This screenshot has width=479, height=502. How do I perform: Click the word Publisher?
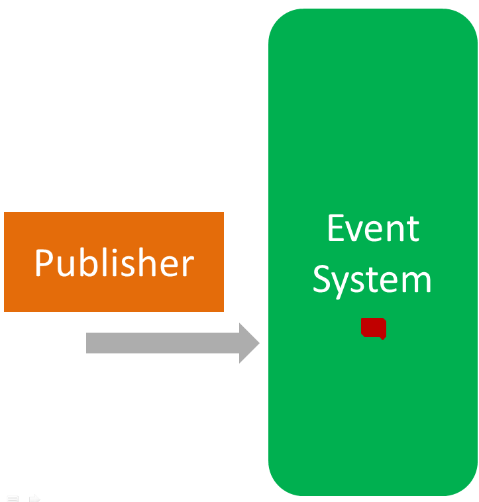point(114,263)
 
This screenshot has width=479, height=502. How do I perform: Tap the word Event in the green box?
point(373,228)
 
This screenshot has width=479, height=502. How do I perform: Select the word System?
point(372,279)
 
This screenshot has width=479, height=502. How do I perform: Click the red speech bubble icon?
point(374,328)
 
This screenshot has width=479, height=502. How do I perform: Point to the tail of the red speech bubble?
point(382,338)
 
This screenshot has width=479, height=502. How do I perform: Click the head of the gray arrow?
point(249,343)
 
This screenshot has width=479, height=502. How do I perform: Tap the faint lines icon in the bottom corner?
point(13,497)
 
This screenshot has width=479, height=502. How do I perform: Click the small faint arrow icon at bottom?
point(34,497)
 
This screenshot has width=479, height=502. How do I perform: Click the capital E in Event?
point(337,228)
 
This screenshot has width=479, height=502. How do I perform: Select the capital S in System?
point(322,279)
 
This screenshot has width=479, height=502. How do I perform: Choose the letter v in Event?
point(359,231)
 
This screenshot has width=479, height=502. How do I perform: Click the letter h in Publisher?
point(146,263)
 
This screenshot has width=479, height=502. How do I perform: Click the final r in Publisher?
point(188,266)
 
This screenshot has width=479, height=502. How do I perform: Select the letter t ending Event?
point(413,230)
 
